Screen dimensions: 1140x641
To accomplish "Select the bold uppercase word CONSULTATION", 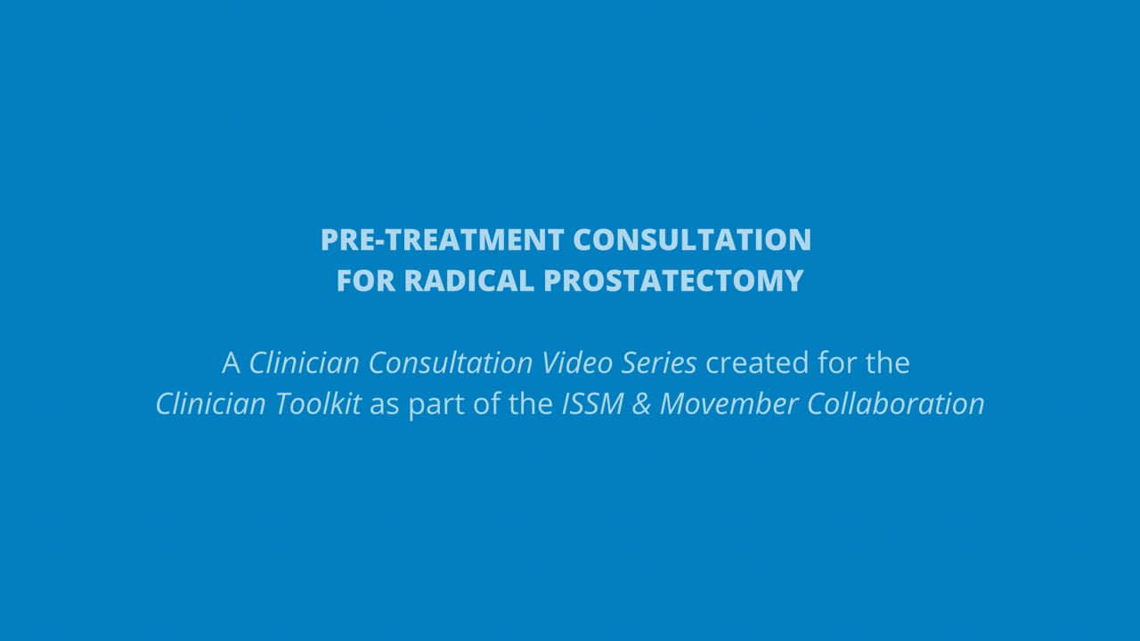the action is [x=692, y=239].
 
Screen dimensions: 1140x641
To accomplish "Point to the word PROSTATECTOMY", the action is [x=673, y=280].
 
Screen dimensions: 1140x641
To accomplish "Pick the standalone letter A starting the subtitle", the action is [x=231, y=363].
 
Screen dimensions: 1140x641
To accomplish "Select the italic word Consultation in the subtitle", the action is [x=451, y=362].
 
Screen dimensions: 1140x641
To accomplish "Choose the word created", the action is [x=757, y=362].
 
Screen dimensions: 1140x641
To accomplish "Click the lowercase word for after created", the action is [x=835, y=362].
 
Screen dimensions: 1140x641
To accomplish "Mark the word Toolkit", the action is [x=318, y=403].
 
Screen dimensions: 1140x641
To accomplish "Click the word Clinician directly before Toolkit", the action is [x=211, y=403].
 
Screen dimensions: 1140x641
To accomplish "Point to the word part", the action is [x=436, y=405].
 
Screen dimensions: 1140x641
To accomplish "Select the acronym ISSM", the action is [x=593, y=403].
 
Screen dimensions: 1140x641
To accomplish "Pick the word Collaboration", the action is [x=896, y=403].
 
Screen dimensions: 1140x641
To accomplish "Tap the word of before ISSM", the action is [x=487, y=403].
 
